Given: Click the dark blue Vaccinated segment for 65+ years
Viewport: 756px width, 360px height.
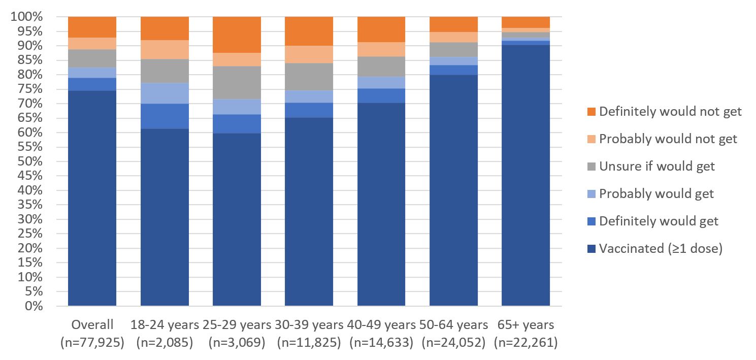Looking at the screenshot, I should pyautogui.click(x=525, y=175).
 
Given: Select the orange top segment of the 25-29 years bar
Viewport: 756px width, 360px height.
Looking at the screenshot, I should pyautogui.click(x=237, y=35).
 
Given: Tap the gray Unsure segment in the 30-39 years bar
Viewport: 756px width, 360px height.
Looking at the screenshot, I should pyautogui.click(x=309, y=77).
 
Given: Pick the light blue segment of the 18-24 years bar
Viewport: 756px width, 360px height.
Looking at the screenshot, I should pyautogui.click(x=165, y=93).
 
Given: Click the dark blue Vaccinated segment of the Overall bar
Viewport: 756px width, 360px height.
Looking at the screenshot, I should pyautogui.click(x=92, y=198).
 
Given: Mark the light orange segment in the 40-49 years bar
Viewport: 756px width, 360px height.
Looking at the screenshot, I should pyautogui.click(x=381, y=49).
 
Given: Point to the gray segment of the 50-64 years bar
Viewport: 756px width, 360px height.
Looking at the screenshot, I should pyautogui.click(x=453, y=49).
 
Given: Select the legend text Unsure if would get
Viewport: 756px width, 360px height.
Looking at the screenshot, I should pyautogui.click(x=656, y=166).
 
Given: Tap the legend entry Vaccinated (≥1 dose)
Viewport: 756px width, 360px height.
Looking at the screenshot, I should pyautogui.click(x=660, y=249).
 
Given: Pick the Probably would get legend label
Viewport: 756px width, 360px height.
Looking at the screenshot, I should pyautogui.click(x=656, y=193).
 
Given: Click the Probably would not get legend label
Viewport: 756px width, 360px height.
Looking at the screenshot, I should pyautogui.click(x=668, y=139).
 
